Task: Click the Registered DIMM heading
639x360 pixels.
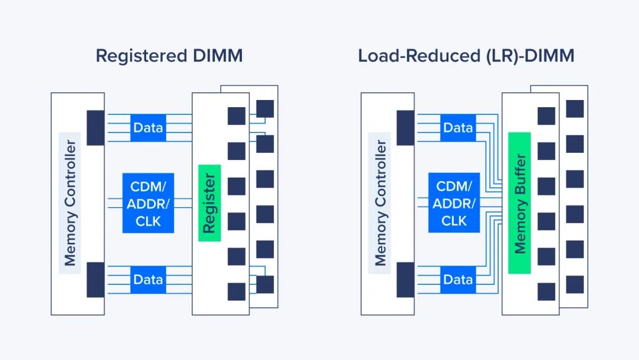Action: (169, 56)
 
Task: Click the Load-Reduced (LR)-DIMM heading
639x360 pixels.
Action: (466, 56)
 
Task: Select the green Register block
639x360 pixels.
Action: (209, 202)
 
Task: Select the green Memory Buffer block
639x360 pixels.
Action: (519, 202)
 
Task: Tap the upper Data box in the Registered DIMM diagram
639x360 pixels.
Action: (148, 127)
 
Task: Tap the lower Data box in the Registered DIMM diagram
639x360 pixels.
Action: (148, 279)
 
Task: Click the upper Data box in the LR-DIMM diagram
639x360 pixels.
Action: (458, 127)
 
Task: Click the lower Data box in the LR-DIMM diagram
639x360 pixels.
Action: (458, 279)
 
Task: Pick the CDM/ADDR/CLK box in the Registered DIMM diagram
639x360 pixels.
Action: (148, 202)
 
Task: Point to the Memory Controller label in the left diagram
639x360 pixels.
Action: (70, 202)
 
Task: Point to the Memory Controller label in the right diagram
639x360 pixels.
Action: (380, 202)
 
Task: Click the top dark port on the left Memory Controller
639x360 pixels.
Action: (95, 127)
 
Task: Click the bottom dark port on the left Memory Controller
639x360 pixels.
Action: (95, 279)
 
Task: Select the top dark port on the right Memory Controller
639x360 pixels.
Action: (405, 127)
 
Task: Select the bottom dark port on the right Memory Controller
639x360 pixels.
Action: (405, 279)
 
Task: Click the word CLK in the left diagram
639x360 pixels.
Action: (148, 221)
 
